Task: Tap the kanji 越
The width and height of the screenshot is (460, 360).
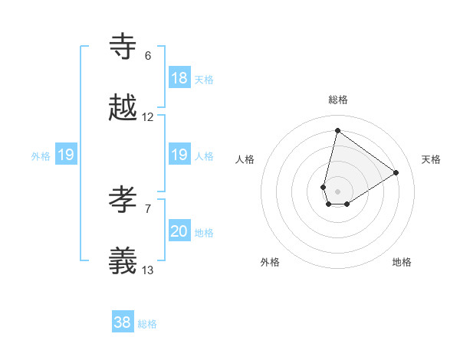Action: (x=123, y=108)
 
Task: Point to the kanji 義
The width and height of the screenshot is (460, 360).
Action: (x=123, y=261)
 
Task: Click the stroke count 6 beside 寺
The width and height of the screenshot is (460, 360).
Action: (x=148, y=56)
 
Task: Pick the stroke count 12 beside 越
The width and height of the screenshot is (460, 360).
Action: (x=148, y=117)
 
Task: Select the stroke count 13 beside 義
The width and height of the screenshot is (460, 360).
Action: (x=148, y=270)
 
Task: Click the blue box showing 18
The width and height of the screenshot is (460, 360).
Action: (x=179, y=78)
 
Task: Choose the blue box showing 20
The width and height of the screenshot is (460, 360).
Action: (x=179, y=231)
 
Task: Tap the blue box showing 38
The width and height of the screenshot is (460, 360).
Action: (x=123, y=322)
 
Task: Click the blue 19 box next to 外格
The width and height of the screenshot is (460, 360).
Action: (x=66, y=155)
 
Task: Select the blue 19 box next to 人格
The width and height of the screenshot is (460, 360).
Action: (x=179, y=155)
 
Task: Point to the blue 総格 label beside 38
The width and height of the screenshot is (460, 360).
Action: (x=147, y=324)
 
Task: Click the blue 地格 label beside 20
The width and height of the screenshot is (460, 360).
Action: (x=204, y=233)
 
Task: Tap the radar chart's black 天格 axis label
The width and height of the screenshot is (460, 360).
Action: (x=431, y=159)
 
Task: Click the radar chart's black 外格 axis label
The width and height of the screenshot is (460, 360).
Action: (x=270, y=263)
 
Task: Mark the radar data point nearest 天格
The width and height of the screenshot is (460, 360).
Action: (x=396, y=172)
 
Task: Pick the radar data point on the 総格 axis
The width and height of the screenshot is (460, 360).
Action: (x=337, y=130)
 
